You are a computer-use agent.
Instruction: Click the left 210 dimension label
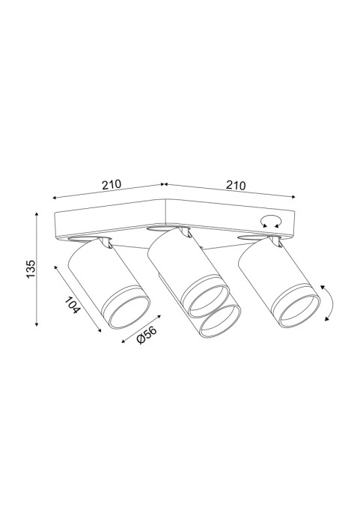[x=111, y=184]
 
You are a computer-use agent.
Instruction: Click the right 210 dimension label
[x=236, y=185]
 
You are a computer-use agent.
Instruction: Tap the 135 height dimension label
[x=31, y=268]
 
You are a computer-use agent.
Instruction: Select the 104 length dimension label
[x=73, y=305]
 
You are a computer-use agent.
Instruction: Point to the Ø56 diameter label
[x=147, y=336]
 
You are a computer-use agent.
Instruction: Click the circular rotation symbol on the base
[x=271, y=222]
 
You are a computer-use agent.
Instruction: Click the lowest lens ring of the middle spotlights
[x=221, y=322]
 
